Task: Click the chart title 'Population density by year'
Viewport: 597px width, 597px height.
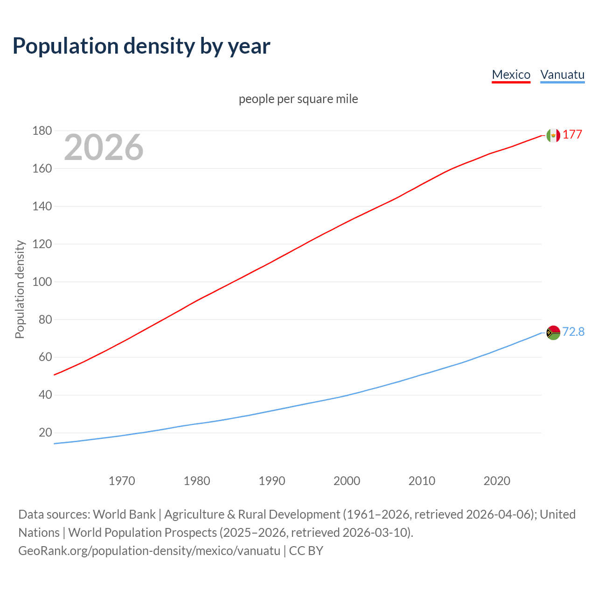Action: tap(141, 46)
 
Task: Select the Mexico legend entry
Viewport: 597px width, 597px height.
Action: tap(511, 75)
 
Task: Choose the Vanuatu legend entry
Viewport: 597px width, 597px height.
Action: tap(562, 75)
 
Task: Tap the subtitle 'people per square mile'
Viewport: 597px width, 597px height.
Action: tap(298, 99)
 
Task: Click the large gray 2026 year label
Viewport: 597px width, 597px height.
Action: tap(104, 147)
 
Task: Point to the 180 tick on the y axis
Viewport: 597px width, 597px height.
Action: tap(42, 131)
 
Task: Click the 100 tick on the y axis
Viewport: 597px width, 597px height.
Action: tap(42, 282)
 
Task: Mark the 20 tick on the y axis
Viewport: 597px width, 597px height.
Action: tap(45, 432)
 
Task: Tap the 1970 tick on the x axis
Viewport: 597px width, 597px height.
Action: tap(122, 481)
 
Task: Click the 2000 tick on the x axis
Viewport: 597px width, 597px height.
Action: tap(347, 481)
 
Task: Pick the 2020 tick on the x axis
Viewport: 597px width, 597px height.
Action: tap(497, 481)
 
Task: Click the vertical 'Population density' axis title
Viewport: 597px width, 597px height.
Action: tap(20, 289)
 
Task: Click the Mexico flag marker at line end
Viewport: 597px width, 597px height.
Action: tap(553, 135)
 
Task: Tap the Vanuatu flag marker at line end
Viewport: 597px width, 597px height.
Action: tap(553, 333)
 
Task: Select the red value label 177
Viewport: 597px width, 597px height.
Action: tap(572, 134)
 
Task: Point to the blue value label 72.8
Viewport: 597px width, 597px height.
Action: tap(573, 332)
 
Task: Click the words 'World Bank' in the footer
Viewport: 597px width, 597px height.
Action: tap(124, 514)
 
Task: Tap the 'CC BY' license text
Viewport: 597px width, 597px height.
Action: tap(306, 550)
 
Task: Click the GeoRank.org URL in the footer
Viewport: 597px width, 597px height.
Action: tap(149, 550)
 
